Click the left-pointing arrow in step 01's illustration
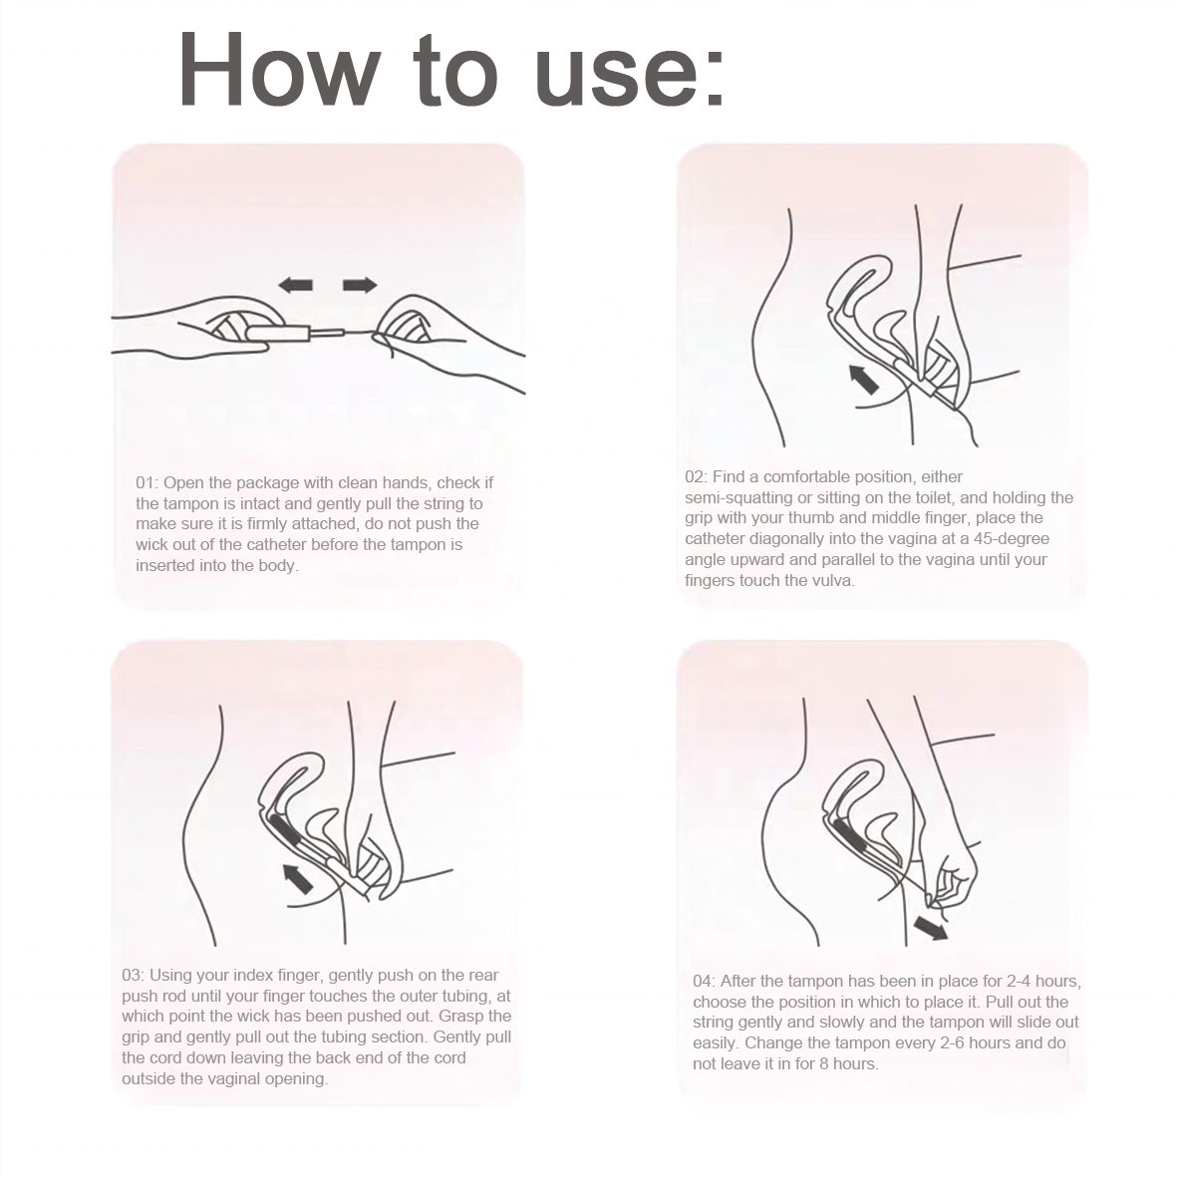(295, 286)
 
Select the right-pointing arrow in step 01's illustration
(360, 286)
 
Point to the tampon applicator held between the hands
(289, 330)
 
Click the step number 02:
(696, 476)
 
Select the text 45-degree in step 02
(1016, 538)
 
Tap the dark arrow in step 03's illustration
(297, 878)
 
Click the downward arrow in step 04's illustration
(932, 929)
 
